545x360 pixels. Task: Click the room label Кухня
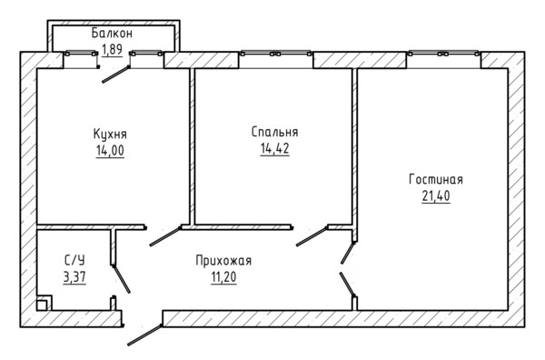[110, 135]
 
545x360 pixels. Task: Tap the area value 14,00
[110, 151]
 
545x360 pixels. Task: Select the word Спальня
[274, 132]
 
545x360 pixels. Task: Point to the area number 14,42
[274, 149]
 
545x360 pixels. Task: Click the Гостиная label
[436, 179]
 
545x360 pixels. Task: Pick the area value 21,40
[436, 196]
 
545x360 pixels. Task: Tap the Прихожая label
[223, 261]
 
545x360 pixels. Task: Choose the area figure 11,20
[223, 277]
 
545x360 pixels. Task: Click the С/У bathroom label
[74, 261]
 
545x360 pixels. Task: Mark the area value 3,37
[74, 277]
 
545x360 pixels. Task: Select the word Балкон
[112, 34]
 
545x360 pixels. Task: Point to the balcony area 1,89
[112, 49]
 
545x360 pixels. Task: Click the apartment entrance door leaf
[144, 335]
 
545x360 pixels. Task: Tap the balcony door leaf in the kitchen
[115, 74]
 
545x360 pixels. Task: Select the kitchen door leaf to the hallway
[165, 236]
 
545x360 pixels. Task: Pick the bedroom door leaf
[312, 236]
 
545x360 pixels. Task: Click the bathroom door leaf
[122, 279]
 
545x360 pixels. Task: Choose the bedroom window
[276, 54]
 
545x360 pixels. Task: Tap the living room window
[443, 54]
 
